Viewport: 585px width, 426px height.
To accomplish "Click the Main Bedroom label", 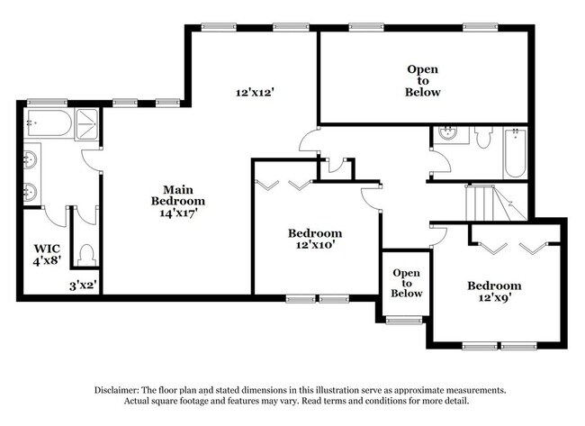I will click(x=177, y=201).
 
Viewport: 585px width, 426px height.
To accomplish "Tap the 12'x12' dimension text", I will click(x=254, y=92).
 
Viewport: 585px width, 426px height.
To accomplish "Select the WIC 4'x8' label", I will click(x=46, y=255).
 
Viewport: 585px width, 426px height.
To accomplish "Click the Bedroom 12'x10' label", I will click(x=314, y=238).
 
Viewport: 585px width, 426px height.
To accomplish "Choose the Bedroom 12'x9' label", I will click(x=493, y=292).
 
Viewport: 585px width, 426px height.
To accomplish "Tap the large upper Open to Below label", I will click(x=423, y=80).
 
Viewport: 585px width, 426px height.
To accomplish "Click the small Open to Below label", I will click(x=406, y=282).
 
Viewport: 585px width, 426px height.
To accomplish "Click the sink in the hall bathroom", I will click(x=447, y=135).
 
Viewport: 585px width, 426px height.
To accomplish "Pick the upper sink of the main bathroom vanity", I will click(x=30, y=160).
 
